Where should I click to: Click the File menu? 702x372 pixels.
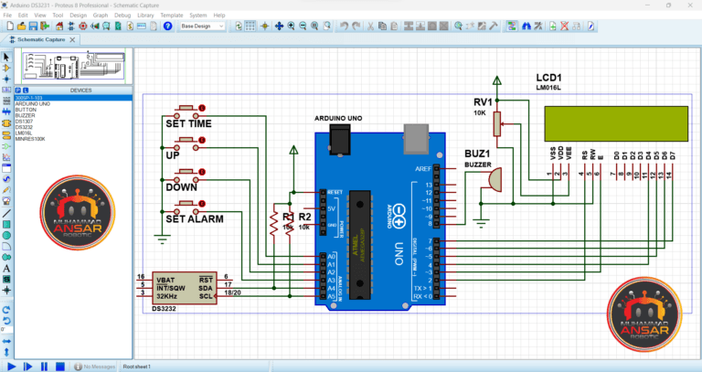pos(7,16)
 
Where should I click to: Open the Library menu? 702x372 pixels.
pos(145,16)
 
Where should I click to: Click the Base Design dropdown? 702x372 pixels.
pos(202,27)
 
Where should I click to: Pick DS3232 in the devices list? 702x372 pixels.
pos(26,126)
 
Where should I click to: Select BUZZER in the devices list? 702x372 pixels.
pos(25,115)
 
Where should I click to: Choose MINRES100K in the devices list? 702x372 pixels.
pos(29,138)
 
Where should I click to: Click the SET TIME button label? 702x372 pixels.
pos(187,123)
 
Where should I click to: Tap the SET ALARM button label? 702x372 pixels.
pos(194,219)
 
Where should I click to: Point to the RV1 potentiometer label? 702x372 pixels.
pos(482,101)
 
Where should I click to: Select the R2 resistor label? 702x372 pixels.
pos(304,217)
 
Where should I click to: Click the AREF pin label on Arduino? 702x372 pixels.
pos(422,169)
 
